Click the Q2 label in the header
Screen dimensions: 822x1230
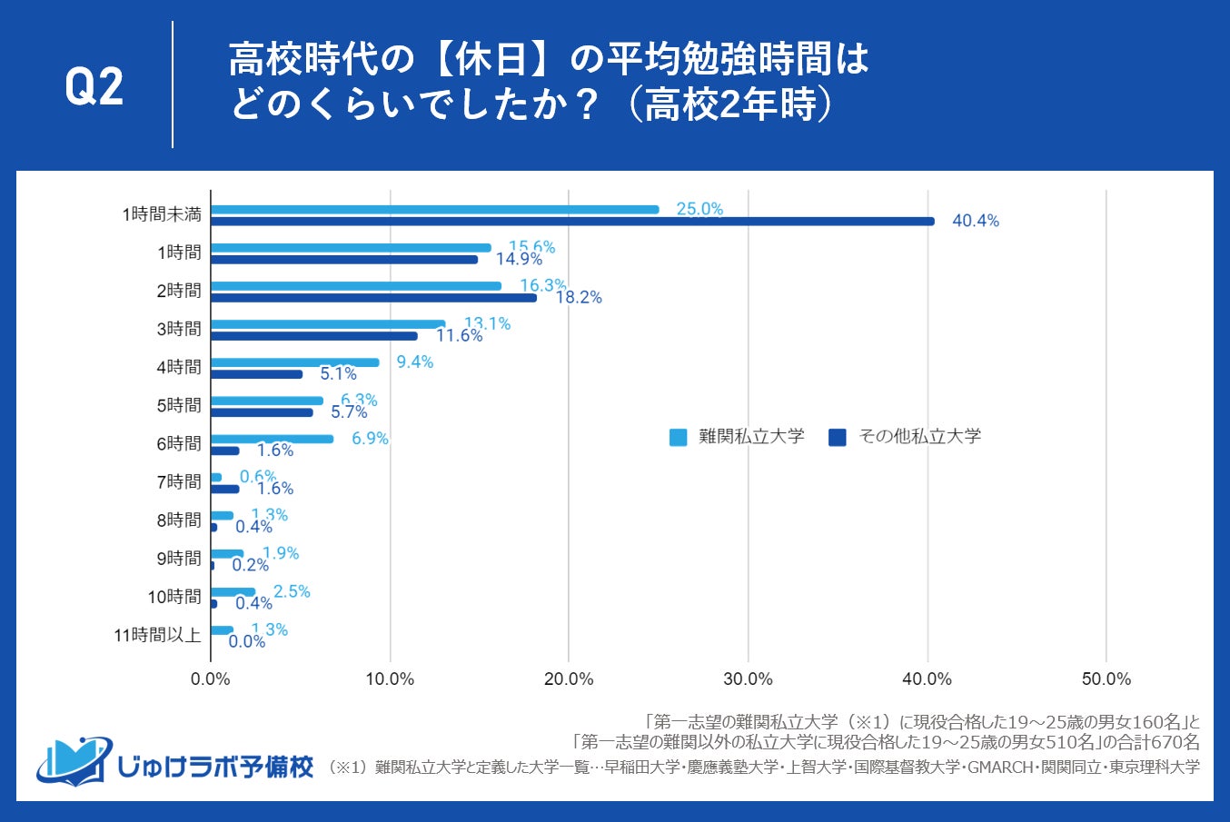94,87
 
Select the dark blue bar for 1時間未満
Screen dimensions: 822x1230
572,221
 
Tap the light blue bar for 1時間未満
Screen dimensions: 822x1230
434,210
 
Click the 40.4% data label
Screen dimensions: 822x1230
975,221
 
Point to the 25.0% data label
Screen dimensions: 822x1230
699,209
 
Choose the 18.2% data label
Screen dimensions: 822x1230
579,298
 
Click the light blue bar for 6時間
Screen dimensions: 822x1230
272,439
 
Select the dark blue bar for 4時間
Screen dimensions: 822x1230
256,374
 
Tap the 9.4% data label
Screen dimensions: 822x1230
414,362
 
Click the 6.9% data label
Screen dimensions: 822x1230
370,439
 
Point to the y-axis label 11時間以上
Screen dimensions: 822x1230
157,635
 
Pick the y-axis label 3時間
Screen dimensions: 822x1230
179,329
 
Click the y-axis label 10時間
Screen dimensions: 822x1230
174,597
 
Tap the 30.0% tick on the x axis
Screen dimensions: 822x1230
748,679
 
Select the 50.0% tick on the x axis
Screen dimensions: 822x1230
1106,679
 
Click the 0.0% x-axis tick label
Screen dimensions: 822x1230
211,679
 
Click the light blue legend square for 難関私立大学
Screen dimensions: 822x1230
678,438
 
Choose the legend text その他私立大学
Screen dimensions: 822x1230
919,437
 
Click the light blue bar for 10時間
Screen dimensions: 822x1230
233,592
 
